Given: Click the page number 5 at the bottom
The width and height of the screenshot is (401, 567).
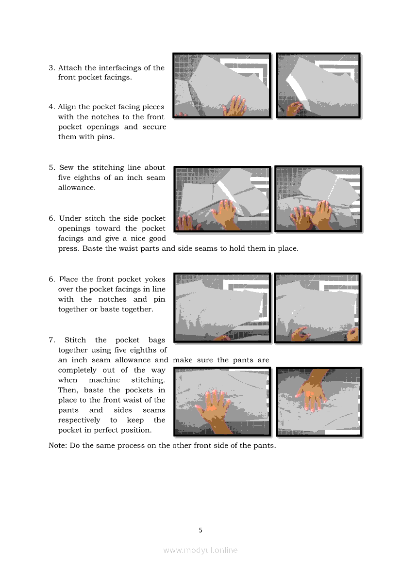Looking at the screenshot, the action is click(200, 530).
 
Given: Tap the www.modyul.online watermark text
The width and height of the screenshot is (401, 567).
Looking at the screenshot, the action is click(200, 551).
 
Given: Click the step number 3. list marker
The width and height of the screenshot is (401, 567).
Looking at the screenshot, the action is click(52, 68).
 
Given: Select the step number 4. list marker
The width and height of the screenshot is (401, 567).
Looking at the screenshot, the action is click(52, 107).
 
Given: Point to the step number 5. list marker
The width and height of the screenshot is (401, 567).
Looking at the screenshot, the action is click(52, 168).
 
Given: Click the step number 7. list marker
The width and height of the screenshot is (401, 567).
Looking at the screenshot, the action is click(52, 340).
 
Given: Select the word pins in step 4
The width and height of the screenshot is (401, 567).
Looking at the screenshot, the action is click(106, 137).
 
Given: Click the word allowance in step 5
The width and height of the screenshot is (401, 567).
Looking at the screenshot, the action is click(77, 188).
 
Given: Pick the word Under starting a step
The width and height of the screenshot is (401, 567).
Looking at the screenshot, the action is click(70, 218).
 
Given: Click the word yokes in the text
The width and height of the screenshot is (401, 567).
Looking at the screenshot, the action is click(154, 279).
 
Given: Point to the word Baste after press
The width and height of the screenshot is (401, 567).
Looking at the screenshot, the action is click(92, 249).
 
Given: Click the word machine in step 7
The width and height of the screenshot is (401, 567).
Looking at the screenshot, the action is click(104, 380).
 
